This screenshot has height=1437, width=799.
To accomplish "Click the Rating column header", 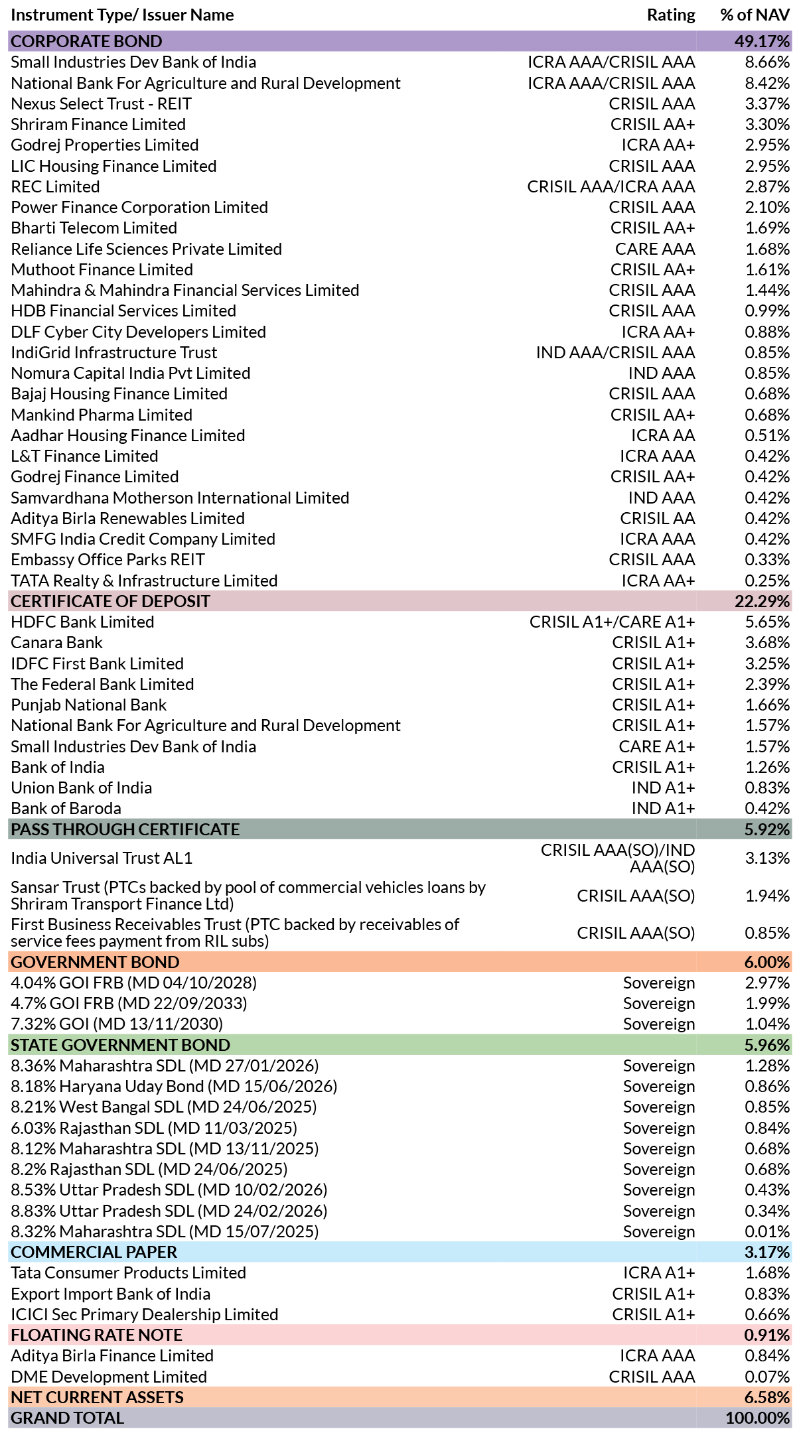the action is [671, 15].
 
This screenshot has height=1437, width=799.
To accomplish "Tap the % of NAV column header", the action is [755, 15].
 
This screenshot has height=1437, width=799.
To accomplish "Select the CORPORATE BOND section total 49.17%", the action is [763, 41].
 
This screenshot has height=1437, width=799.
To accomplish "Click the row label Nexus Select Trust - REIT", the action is [101, 104].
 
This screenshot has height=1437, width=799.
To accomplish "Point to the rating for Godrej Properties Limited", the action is [658, 145].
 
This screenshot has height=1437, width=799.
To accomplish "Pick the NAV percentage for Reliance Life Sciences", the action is [767, 249].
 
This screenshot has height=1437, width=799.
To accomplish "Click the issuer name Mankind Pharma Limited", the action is [102, 415].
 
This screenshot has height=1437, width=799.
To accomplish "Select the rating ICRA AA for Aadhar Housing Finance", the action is [663, 436].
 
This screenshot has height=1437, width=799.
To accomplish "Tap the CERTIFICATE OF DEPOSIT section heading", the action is [110, 602].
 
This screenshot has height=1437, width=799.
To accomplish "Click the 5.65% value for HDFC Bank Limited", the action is [767, 622].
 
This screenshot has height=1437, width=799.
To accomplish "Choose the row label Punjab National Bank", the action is [89, 705].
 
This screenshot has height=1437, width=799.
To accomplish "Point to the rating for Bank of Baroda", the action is [664, 809].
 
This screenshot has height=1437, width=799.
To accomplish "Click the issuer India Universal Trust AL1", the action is [102, 858].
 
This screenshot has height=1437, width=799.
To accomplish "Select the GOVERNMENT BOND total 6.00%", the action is [767, 963].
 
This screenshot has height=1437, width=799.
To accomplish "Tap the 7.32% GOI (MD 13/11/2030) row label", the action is [117, 1024].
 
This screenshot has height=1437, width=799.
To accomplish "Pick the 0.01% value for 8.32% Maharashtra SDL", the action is [767, 1232].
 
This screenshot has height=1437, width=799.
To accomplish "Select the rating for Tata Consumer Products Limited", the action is [659, 1273].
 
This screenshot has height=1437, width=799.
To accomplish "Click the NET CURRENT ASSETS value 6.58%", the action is [767, 1397].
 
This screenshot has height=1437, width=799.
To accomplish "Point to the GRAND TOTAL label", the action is [68, 1418].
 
